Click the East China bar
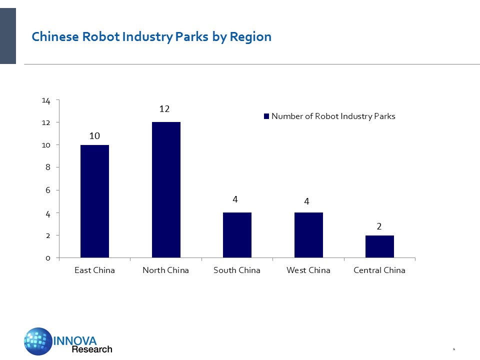pyautogui.click(x=94, y=201)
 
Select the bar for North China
pyautogui.click(x=166, y=190)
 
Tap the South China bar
pyautogui.click(x=237, y=235)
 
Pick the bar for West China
pyautogui.click(x=308, y=235)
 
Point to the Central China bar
pyautogui.click(x=379, y=246)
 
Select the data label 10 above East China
pyautogui.click(x=95, y=135)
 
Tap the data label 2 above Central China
pyautogui.click(x=379, y=226)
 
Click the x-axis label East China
pyautogui.click(x=94, y=270)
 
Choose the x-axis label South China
pyautogui.click(x=237, y=270)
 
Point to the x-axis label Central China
pyautogui.click(x=379, y=270)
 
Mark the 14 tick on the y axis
pyautogui.click(x=46, y=100)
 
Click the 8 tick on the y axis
pyautogui.click(x=48, y=168)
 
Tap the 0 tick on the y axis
pyautogui.click(x=48, y=258)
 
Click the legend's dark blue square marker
pyautogui.click(x=266, y=116)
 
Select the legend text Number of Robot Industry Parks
pyautogui.click(x=333, y=116)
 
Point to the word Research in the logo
pyautogui.click(x=92, y=349)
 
